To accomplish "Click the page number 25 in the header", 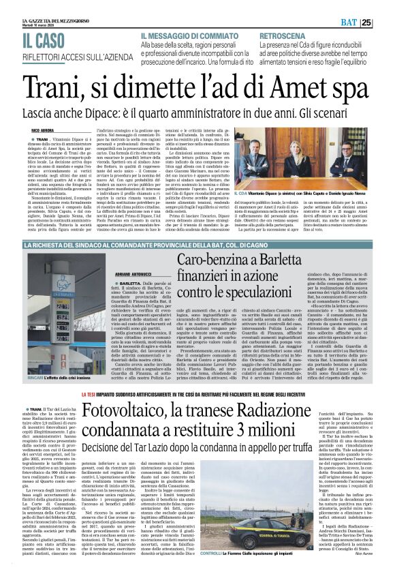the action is (385, 22).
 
